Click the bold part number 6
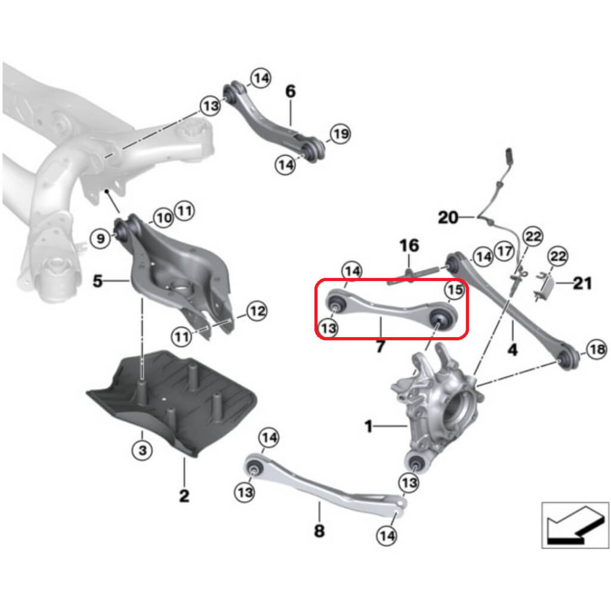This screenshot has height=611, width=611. point(290,91)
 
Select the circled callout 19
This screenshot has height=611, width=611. point(340,134)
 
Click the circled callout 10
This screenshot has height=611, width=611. point(164,217)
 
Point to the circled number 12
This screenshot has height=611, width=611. point(257,310)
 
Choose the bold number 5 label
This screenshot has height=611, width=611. point(98,280)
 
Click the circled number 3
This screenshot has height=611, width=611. point(142,450)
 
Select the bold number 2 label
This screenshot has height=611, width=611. point(184,495)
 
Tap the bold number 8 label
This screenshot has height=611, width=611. point(319,530)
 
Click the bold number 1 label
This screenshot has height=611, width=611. point(369,426)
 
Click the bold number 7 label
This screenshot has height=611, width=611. point(380,346)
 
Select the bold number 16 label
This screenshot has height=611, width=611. point(409,245)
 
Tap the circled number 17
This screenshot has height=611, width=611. point(505,252)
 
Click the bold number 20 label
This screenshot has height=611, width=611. point(448,218)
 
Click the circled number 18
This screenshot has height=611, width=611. point(597,350)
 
